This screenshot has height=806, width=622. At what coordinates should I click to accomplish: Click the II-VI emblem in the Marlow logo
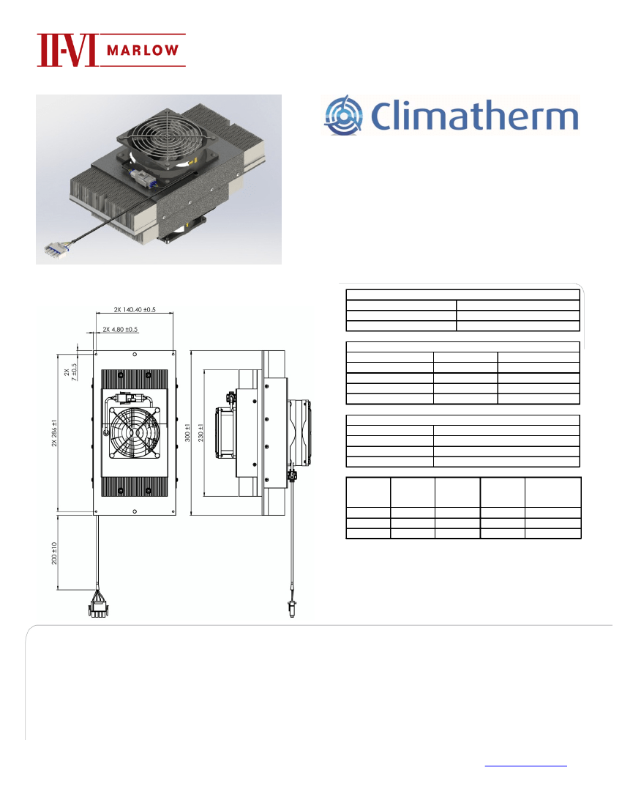[67, 51]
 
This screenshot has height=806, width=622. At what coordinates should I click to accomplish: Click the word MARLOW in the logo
[143, 51]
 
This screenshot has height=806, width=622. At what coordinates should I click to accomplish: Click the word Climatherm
[474, 116]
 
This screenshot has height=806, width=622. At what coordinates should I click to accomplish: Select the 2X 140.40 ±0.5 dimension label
[135, 309]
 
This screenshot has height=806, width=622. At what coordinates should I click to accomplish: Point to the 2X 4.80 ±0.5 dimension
[120, 330]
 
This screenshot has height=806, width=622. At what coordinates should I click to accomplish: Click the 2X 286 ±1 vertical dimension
[54, 433]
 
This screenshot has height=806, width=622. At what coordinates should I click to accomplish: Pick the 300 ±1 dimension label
[187, 433]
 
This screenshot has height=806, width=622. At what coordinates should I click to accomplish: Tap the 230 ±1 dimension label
[201, 433]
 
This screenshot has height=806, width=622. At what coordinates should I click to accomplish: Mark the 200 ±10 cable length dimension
[54, 553]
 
